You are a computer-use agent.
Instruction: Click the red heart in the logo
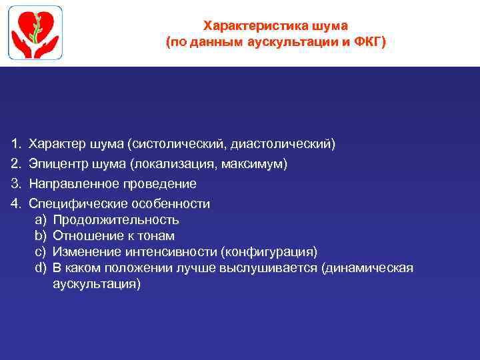pyautogui.click(x=27, y=27)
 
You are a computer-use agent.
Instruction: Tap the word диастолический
pyautogui.click(x=283, y=144)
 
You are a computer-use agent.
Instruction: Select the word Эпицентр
pyautogui.click(x=55, y=164)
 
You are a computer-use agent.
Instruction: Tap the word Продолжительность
pyautogui.click(x=116, y=220)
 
